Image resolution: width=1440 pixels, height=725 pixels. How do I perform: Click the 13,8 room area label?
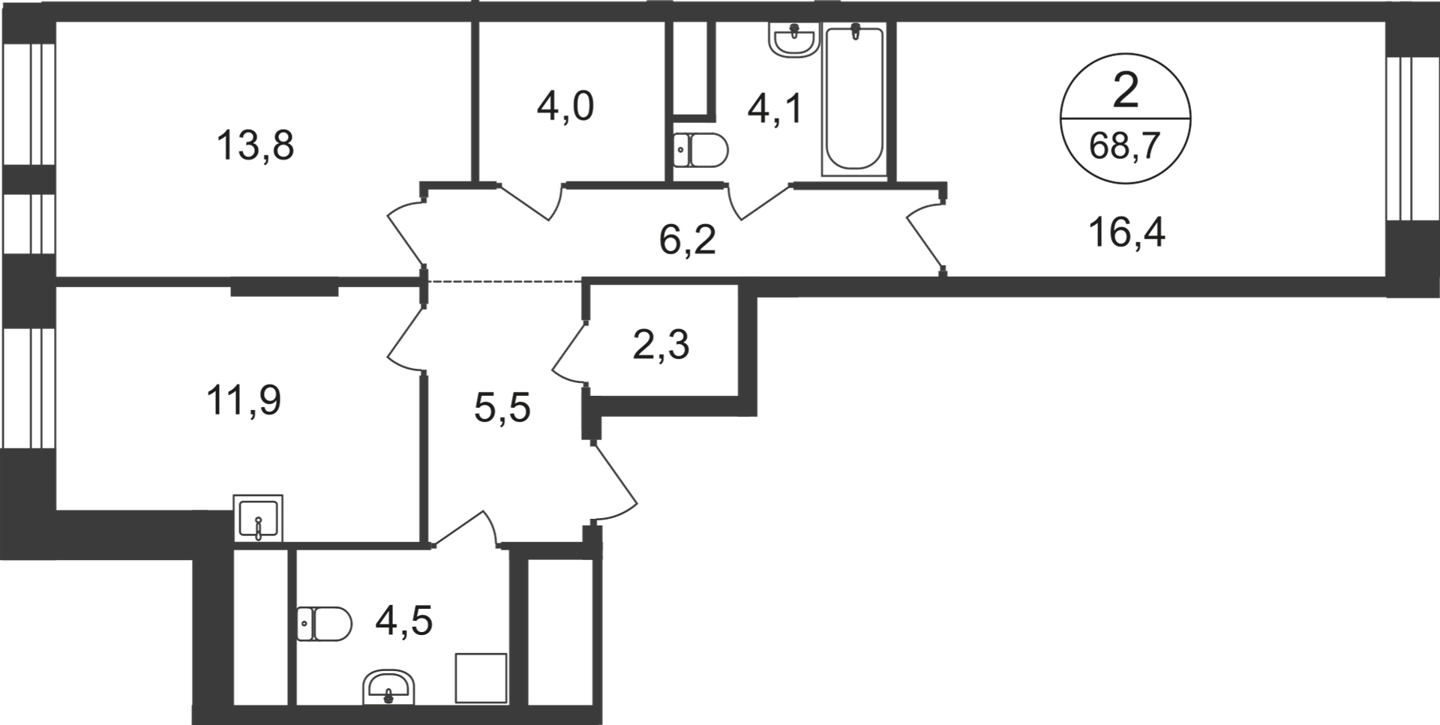point(255,145)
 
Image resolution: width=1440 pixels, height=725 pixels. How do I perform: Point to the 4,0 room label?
point(565,106)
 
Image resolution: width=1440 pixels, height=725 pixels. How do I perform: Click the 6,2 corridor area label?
point(688,240)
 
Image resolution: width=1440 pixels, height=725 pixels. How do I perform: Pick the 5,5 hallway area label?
point(502,408)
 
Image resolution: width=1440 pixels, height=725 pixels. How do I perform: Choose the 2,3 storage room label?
point(661,346)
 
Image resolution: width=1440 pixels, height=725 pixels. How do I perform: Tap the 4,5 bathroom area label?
point(404,621)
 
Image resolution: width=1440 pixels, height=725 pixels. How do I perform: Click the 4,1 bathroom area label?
point(775,109)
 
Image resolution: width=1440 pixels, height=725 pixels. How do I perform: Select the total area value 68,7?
point(1125,145)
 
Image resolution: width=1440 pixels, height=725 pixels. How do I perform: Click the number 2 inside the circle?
point(1126,91)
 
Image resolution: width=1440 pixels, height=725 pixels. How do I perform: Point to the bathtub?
point(854,100)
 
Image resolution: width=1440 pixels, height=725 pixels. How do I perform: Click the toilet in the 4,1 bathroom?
point(700,150)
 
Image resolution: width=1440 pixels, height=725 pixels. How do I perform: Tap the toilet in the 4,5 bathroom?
point(324,624)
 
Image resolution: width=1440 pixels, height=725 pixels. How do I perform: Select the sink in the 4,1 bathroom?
point(793,39)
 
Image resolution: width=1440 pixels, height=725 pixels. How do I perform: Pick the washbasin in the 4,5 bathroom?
point(388,687)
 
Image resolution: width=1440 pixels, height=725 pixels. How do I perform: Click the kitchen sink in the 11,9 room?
point(258,518)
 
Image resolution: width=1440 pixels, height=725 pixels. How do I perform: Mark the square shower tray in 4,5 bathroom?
point(481,678)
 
